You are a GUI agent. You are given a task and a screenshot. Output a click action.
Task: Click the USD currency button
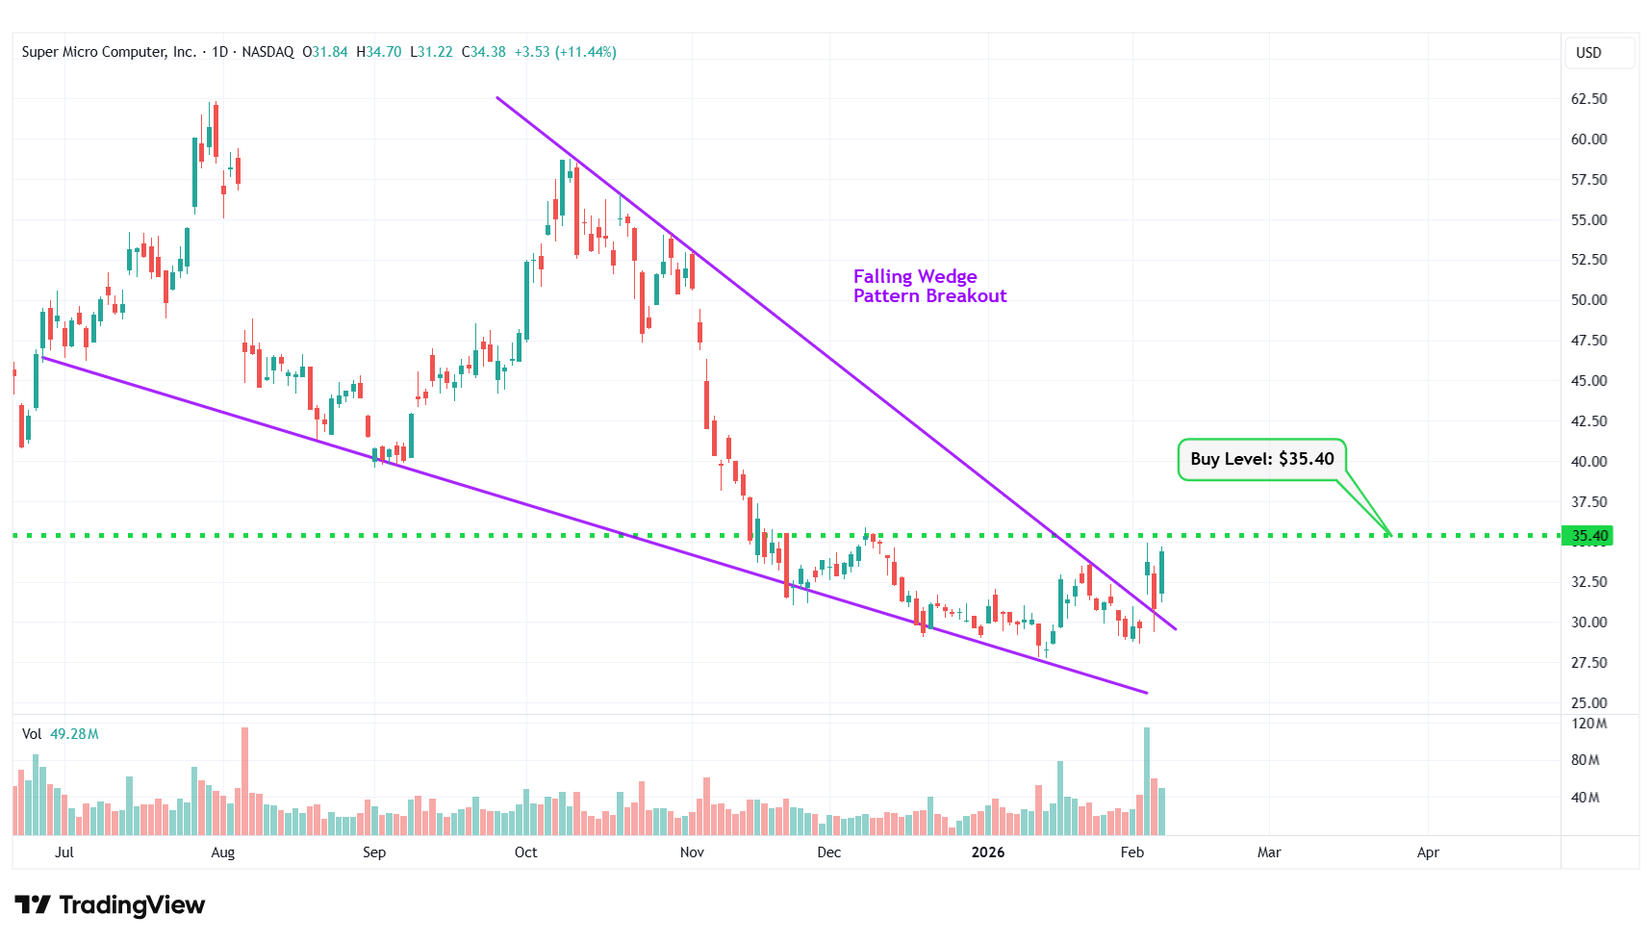tap(1588, 53)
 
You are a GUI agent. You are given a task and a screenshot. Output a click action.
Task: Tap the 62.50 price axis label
tap(1588, 99)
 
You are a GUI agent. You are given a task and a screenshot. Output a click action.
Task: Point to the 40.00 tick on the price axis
tap(1588, 461)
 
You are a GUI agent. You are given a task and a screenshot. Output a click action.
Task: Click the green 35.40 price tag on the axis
tap(1588, 536)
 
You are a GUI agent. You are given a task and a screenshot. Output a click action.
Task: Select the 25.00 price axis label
tap(1588, 702)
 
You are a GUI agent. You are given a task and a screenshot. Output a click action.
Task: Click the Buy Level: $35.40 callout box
tap(1261, 459)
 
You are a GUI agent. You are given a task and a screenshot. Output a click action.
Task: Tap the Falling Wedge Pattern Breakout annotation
tap(928, 287)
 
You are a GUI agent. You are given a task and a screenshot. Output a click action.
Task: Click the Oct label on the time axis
tap(525, 852)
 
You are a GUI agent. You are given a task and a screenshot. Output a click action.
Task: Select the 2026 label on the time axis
tap(987, 852)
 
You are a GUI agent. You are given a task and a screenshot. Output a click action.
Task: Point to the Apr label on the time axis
tap(1428, 852)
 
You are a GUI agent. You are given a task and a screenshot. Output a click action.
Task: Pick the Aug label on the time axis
tap(222, 852)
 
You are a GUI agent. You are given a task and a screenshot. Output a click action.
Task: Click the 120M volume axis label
tap(1588, 724)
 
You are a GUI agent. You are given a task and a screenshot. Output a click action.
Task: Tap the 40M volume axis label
tap(1585, 798)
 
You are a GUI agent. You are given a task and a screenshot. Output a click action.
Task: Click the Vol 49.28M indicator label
tap(61, 734)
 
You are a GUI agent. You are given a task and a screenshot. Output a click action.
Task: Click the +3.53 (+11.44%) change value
tap(565, 52)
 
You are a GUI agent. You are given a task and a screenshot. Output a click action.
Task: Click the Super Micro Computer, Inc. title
tap(109, 52)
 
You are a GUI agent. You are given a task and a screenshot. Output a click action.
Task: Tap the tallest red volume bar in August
tap(244, 780)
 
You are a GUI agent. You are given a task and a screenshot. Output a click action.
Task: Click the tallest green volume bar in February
tap(1147, 780)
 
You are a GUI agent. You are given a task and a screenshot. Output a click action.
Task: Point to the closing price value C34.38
tap(484, 52)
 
